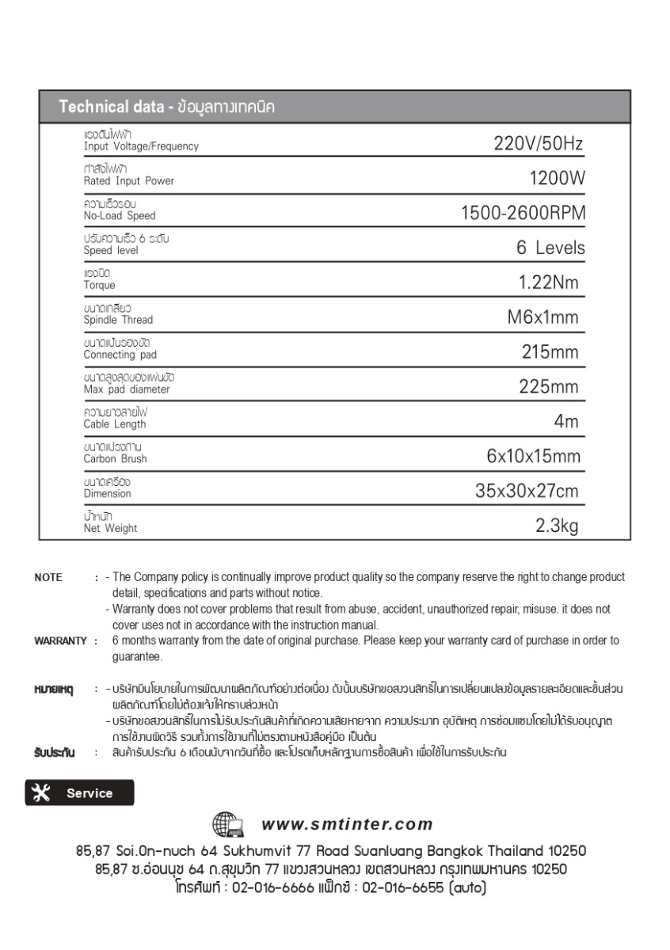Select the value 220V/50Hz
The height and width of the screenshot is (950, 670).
tap(538, 144)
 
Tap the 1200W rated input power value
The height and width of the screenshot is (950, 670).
tap(557, 179)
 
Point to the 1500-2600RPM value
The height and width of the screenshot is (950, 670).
tap(523, 214)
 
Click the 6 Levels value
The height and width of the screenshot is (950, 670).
tap(550, 248)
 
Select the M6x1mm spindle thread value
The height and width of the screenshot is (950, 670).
tap(542, 317)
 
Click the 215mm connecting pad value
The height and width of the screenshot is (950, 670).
tap(550, 352)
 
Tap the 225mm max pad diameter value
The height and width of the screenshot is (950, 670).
tap(549, 387)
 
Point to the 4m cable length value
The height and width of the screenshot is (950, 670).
tap(566, 422)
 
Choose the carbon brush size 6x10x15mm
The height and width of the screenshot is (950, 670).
tap(533, 457)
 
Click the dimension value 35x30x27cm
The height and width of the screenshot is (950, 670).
tap(527, 491)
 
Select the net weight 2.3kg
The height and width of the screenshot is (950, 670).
tap(558, 526)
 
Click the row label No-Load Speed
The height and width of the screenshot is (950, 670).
tap(120, 215)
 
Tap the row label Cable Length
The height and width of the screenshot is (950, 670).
tap(115, 424)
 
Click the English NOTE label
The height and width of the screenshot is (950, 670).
tap(48, 578)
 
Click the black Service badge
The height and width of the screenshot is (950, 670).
tap(79, 793)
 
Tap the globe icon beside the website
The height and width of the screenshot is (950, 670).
tap(229, 825)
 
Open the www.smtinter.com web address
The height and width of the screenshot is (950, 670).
tap(347, 825)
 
